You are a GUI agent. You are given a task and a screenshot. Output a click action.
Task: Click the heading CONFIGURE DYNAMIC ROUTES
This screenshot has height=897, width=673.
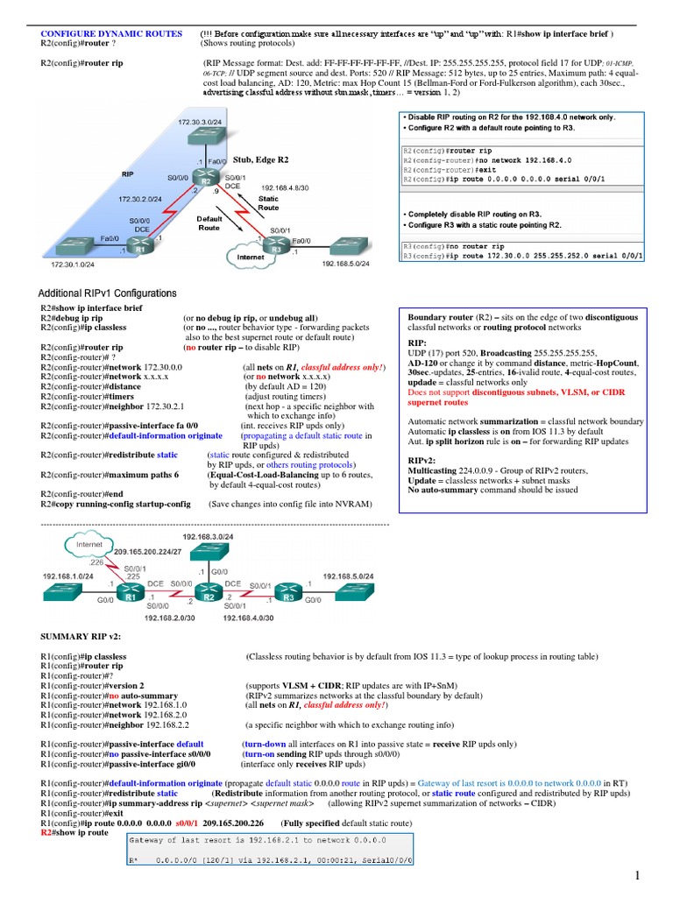[111, 33]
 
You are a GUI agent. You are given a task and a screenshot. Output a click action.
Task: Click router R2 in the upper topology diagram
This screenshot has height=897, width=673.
[204, 182]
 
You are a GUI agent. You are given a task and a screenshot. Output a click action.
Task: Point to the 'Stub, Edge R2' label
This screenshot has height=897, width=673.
[260, 160]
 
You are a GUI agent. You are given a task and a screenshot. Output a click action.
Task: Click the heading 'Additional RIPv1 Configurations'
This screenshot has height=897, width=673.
[107, 293]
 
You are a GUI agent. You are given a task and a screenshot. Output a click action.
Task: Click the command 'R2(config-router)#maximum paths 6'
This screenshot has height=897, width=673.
[110, 475]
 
